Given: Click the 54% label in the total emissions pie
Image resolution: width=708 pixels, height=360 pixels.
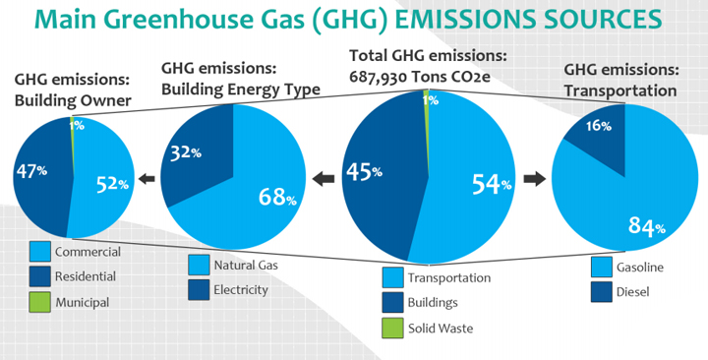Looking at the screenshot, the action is (492, 184).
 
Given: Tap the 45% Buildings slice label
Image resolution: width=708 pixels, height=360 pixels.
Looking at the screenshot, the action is (365, 171).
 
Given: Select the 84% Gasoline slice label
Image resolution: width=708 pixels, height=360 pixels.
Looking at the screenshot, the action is (647, 226).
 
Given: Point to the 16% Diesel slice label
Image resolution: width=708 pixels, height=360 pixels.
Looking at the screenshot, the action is (599, 126).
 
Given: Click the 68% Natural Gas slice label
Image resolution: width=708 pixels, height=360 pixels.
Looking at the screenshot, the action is (277, 197).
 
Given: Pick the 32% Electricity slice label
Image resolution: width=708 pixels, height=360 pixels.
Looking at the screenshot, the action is (186, 152).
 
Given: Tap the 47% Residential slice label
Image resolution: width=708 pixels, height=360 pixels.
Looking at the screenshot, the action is (31, 171).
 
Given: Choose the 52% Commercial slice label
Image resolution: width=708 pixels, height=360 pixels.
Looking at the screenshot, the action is (112, 183).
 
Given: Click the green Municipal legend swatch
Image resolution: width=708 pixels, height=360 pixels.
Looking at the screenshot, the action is (39, 301).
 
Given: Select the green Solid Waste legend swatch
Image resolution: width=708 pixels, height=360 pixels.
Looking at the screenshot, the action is (392, 328).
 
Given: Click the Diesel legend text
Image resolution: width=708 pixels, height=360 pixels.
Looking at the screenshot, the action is (632, 292).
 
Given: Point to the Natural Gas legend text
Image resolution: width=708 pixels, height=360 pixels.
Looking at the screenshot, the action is (246, 266).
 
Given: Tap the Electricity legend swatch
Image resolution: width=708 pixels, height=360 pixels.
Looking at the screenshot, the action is (199, 289).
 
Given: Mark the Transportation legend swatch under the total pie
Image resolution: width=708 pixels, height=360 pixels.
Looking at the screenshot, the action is (392, 277).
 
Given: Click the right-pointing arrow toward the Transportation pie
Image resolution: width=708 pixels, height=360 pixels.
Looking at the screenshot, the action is (535, 179).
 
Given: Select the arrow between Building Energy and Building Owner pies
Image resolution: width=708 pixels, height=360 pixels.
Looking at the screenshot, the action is (147, 179).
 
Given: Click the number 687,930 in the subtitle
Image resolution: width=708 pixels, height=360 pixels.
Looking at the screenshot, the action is (378, 77).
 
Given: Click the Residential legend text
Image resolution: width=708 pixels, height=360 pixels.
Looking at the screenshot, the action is (86, 276).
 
